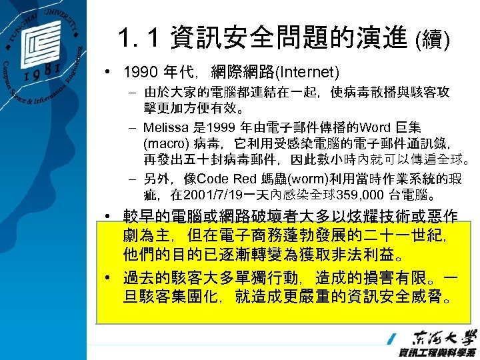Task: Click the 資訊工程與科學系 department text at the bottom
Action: point(437,352)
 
